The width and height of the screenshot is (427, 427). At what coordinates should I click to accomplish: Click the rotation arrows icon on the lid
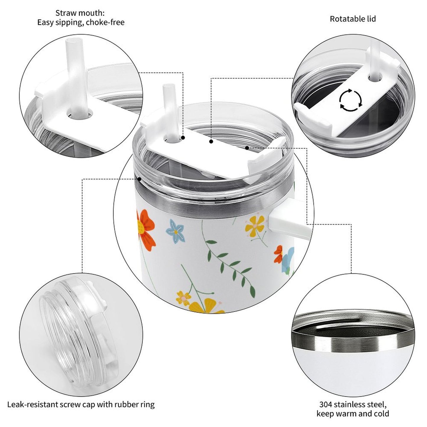(x=351, y=100)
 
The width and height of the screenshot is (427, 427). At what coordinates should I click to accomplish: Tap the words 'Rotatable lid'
(x=353, y=19)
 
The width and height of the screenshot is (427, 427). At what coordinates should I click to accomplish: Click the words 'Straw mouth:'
(x=80, y=13)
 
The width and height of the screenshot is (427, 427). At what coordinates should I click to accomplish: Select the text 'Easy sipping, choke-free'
(x=81, y=22)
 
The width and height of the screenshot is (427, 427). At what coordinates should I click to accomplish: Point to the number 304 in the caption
(x=326, y=405)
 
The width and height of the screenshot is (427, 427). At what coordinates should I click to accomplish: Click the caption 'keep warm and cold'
(x=353, y=414)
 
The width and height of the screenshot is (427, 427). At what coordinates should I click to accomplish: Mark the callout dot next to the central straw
(x=183, y=138)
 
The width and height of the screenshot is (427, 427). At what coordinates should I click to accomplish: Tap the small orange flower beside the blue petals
(x=278, y=254)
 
